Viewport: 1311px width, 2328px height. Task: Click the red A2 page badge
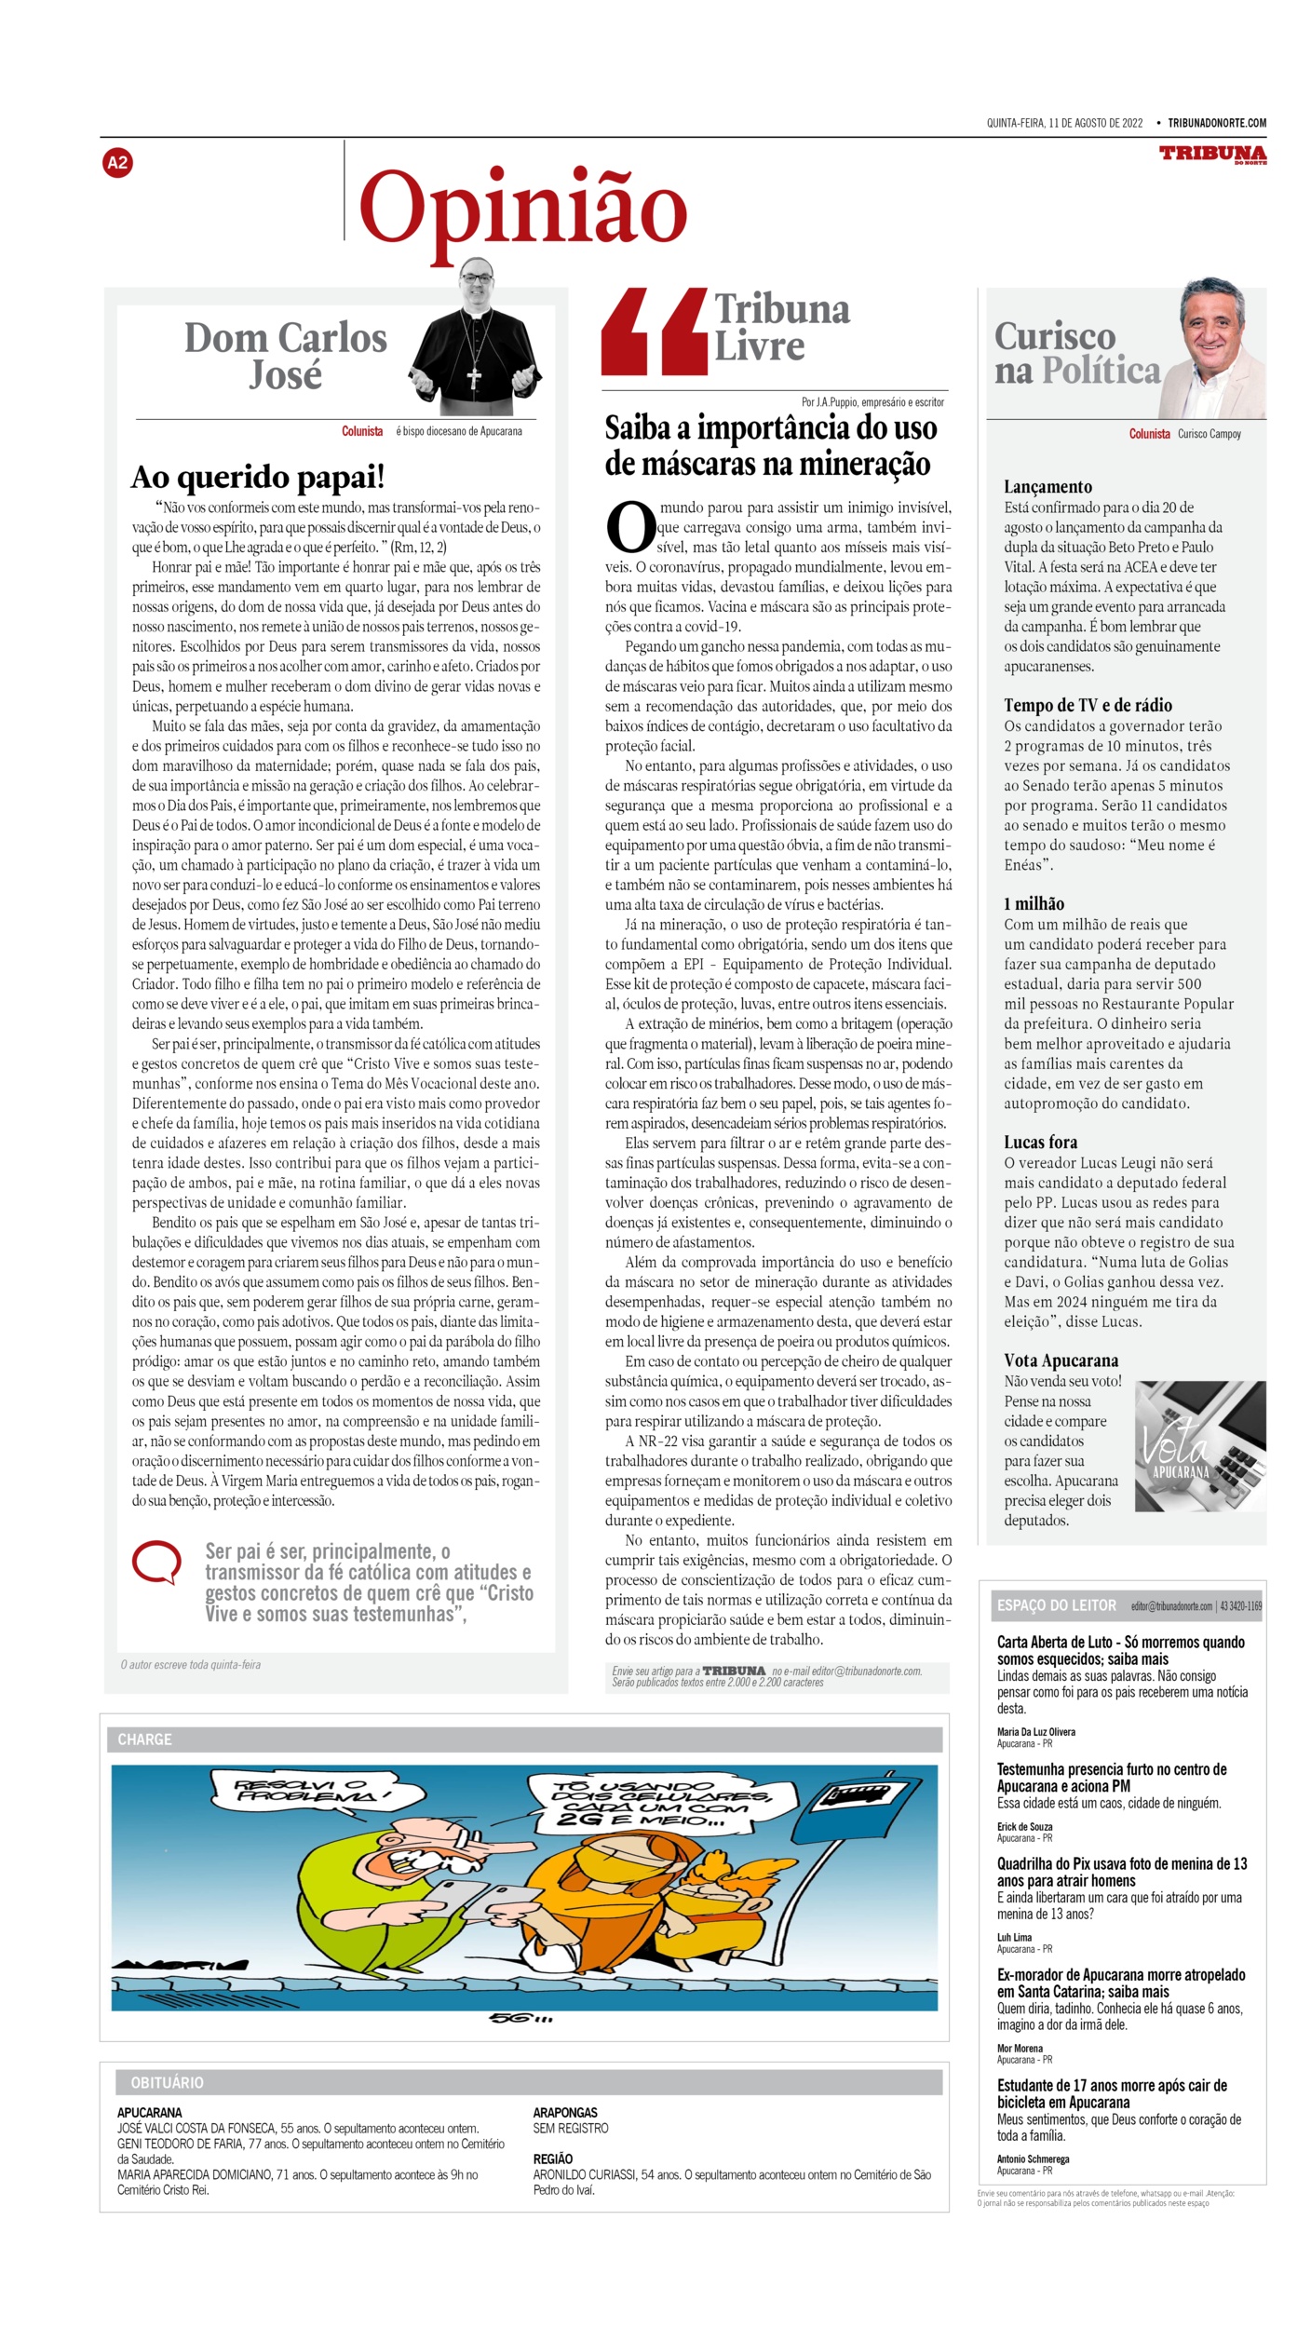pyautogui.click(x=117, y=163)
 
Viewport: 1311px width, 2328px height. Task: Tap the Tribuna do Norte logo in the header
pyautogui.click(x=1212, y=154)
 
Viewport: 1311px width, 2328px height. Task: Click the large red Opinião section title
pyautogui.click(x=523, y=210)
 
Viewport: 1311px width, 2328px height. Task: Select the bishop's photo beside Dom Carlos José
pyautogui.click(x=476, y=339)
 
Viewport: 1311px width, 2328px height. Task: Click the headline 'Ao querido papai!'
pyautogui.click(x=258, y=477)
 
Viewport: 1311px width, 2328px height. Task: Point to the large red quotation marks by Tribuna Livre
pyautogui.click(x=653, y=331)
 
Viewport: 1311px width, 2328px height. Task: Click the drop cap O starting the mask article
pyautogui.click(x=630, y=527)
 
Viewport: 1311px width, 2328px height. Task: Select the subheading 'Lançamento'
pyautogui.click(x=1047, y=486)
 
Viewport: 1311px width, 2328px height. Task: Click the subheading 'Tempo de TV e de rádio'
pyautogui.click(x=1088, y=705)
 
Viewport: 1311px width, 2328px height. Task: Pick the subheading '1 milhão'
pyautogui.click(x=1034, y=903)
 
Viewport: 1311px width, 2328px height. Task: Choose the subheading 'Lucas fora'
pyautogui.click(x=1040, y=1142)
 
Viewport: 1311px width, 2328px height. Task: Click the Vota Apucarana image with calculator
pyautogui.click(x=1199, y=1445)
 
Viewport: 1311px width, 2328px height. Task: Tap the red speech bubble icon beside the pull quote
pyautogui.click(x=156, y=1562)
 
